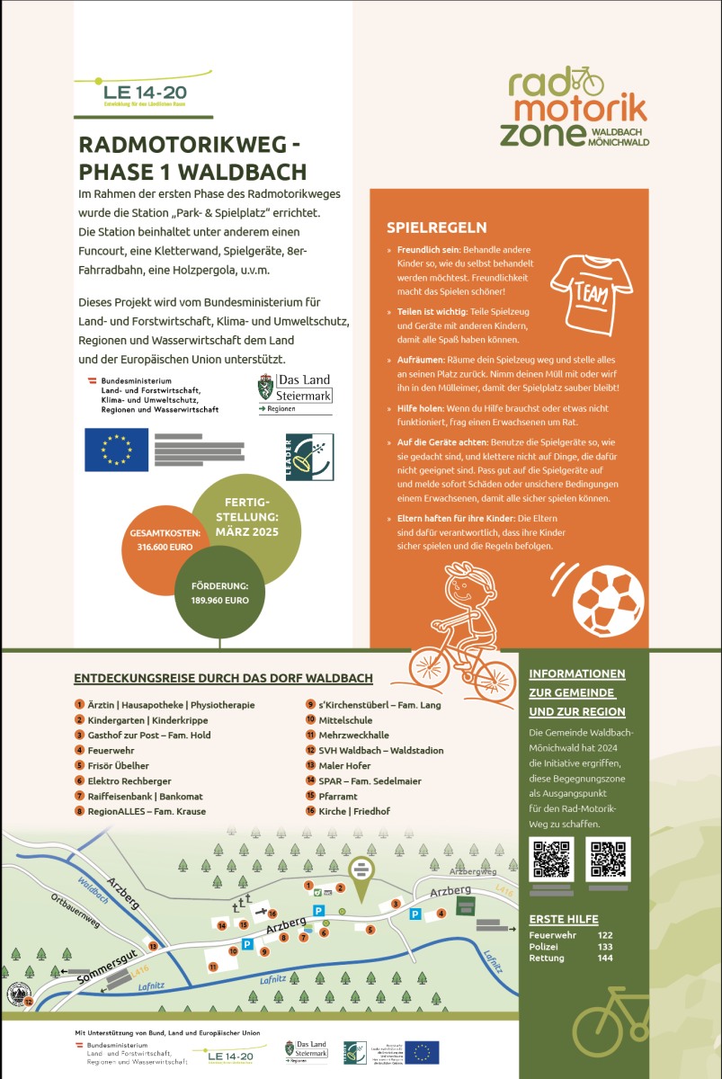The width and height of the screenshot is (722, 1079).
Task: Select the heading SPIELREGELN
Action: tap(436, 227)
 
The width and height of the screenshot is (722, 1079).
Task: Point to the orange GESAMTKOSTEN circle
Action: tap(165, 539)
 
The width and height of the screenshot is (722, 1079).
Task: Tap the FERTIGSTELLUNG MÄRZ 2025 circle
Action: tap(246, 517)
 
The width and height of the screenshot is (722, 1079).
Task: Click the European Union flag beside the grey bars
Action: tap(116, 450)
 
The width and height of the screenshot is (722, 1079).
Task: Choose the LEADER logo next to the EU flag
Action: tap(308, 456)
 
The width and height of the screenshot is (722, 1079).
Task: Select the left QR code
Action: tap(552, 859)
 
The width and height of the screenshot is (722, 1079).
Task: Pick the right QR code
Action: tap(608, 859)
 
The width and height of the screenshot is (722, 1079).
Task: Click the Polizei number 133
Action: tap(605, 947)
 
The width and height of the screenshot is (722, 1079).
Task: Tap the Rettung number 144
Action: tap(605, 959)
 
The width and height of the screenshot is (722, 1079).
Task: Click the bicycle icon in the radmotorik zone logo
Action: tap(583, 80)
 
